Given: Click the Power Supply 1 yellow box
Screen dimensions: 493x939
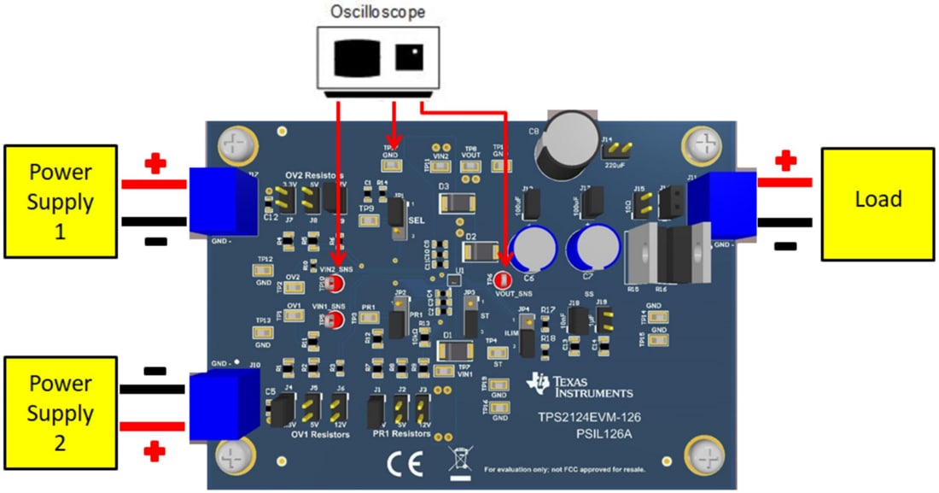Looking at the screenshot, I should click(x=61, y=201).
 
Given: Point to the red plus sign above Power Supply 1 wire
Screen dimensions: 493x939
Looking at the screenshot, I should click(x=154, y=165).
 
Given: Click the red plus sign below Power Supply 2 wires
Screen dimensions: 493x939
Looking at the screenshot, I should click(x=154, y=449).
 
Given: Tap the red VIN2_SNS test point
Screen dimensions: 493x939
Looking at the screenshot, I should click(x=337, y=283).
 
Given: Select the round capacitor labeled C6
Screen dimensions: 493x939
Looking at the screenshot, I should click(x=532, y=249).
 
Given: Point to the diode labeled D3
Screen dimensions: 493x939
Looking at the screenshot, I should click(x=457, y=202).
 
